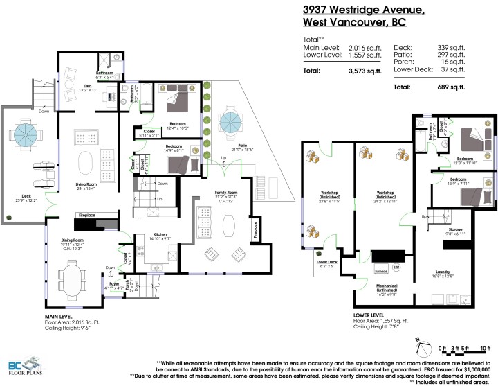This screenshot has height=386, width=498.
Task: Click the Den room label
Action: point(68,87)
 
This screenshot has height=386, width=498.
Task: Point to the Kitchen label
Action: point(160,235)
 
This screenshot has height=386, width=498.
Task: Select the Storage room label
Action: point(454,229)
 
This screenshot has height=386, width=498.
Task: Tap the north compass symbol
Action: point(423,340)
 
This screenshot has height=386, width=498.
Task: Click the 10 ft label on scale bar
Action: point(485,348)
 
